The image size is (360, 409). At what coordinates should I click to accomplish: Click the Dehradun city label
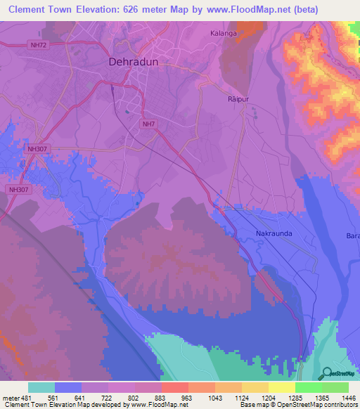coord(136,62)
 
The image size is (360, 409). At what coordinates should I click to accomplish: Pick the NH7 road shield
coord(149,124)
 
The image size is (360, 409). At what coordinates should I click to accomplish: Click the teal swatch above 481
coord(41,387)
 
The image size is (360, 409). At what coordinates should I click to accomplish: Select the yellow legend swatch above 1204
coord(255,387)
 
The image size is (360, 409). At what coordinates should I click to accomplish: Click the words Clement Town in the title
coord(44,9)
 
